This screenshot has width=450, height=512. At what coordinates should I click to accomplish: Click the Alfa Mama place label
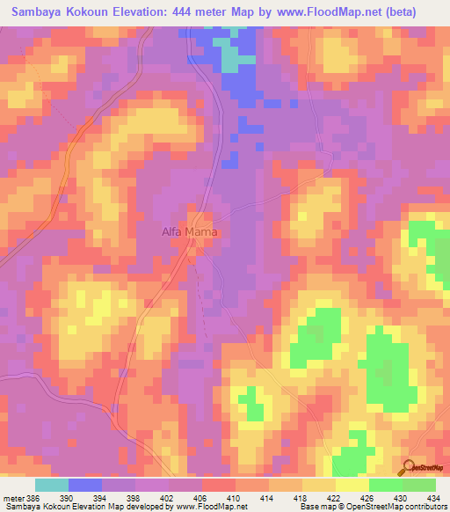coord(189,233)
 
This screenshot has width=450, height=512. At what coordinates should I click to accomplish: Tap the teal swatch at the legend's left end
coord(52,485)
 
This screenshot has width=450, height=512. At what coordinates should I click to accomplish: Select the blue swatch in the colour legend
coord(85,485)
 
